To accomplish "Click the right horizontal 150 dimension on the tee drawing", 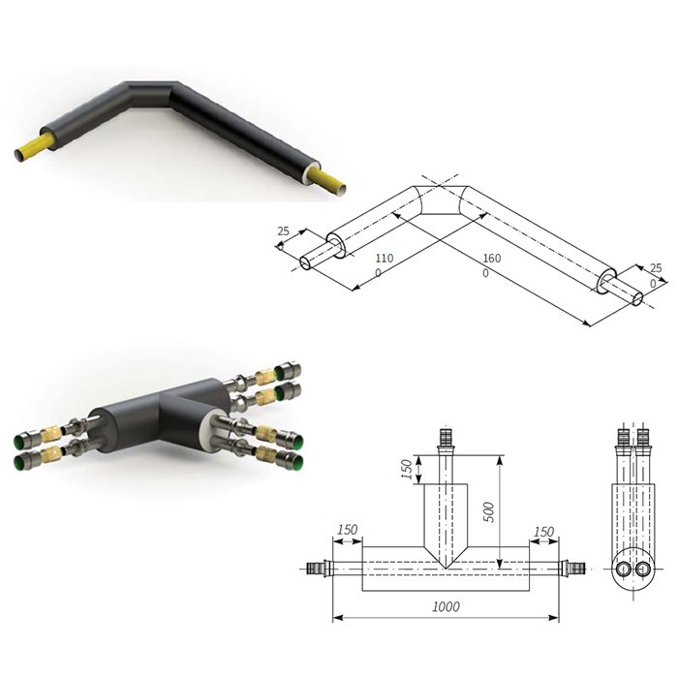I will tap(544, 532).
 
